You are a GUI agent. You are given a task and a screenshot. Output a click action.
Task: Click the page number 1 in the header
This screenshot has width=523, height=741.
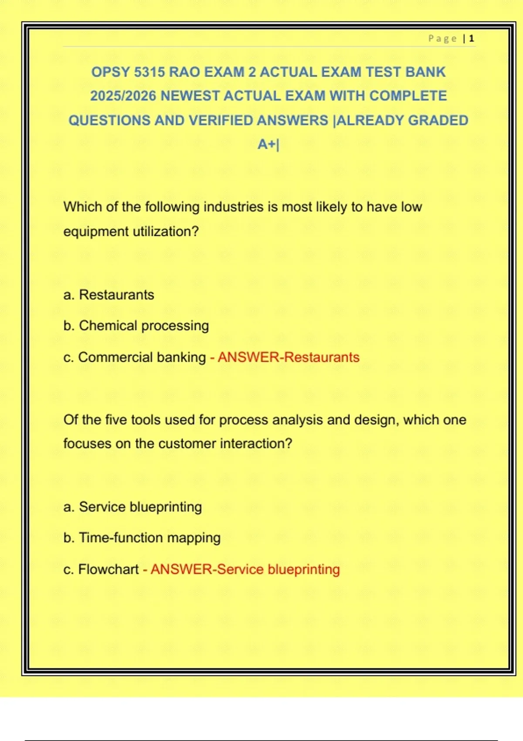coord(472,39)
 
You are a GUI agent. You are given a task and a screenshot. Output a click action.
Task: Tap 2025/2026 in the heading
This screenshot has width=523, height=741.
coord(123,96)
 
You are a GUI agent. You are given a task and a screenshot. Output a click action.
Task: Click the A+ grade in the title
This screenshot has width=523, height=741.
coord(267,144)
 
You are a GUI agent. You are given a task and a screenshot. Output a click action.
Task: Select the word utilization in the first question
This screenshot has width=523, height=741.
coord(161,231)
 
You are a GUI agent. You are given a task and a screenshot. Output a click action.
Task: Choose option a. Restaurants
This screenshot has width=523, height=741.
coord(109,295)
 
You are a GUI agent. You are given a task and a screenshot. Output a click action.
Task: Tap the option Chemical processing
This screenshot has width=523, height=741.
coord(144,326)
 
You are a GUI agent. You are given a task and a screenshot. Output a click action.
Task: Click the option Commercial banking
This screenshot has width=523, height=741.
coord(142,357)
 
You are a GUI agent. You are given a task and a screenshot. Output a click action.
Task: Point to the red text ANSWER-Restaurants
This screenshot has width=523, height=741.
coord(289,357)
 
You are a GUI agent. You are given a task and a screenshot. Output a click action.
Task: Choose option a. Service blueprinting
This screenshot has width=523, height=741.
coord(132,507)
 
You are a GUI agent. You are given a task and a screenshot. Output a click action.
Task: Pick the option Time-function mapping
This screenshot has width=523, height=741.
coord(149,538)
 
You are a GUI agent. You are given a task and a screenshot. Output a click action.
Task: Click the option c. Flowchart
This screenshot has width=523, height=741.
coord(101,569)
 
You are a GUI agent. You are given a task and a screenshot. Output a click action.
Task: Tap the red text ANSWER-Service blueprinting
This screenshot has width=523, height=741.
coord(245,569)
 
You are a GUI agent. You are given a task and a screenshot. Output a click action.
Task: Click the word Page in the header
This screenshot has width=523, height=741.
coord(442,39)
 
